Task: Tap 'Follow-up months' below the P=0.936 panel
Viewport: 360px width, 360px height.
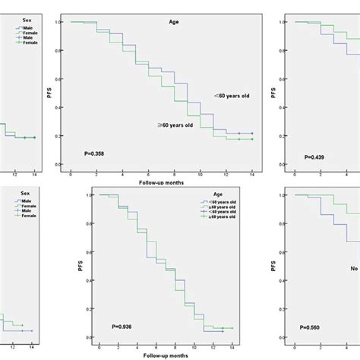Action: tap(162, 354)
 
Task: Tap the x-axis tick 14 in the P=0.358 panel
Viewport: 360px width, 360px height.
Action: tap(251, 175)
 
